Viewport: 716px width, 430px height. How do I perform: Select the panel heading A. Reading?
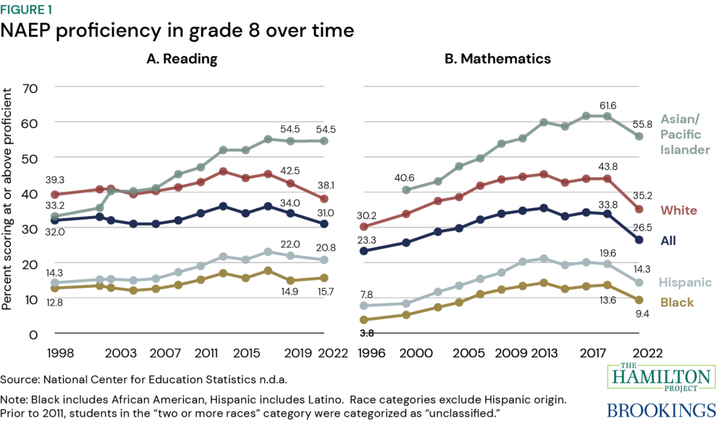tap(181, 59)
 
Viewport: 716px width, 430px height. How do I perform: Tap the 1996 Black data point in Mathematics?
tap(364, 320)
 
